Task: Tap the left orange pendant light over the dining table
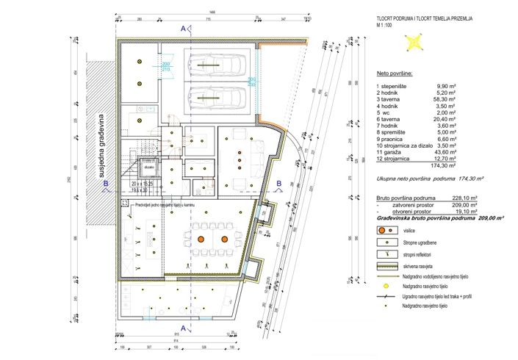[200, 240]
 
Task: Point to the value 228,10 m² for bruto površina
[451, 198]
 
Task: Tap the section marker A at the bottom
[181, 328]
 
